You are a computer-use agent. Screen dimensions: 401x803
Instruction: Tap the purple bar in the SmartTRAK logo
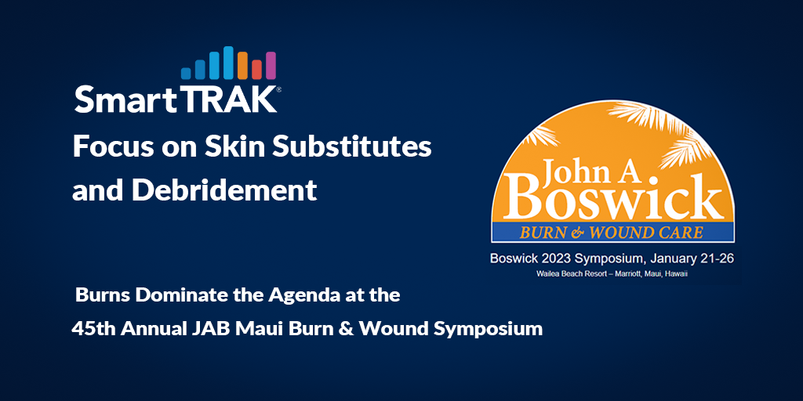click(x=271, y=66)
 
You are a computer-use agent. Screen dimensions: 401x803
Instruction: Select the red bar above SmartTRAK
click(x=256, y=69)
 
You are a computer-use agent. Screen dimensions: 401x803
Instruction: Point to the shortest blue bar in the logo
click(x=186, y=72)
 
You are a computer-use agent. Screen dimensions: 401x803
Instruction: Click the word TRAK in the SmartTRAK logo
click(x=238, y=99)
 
